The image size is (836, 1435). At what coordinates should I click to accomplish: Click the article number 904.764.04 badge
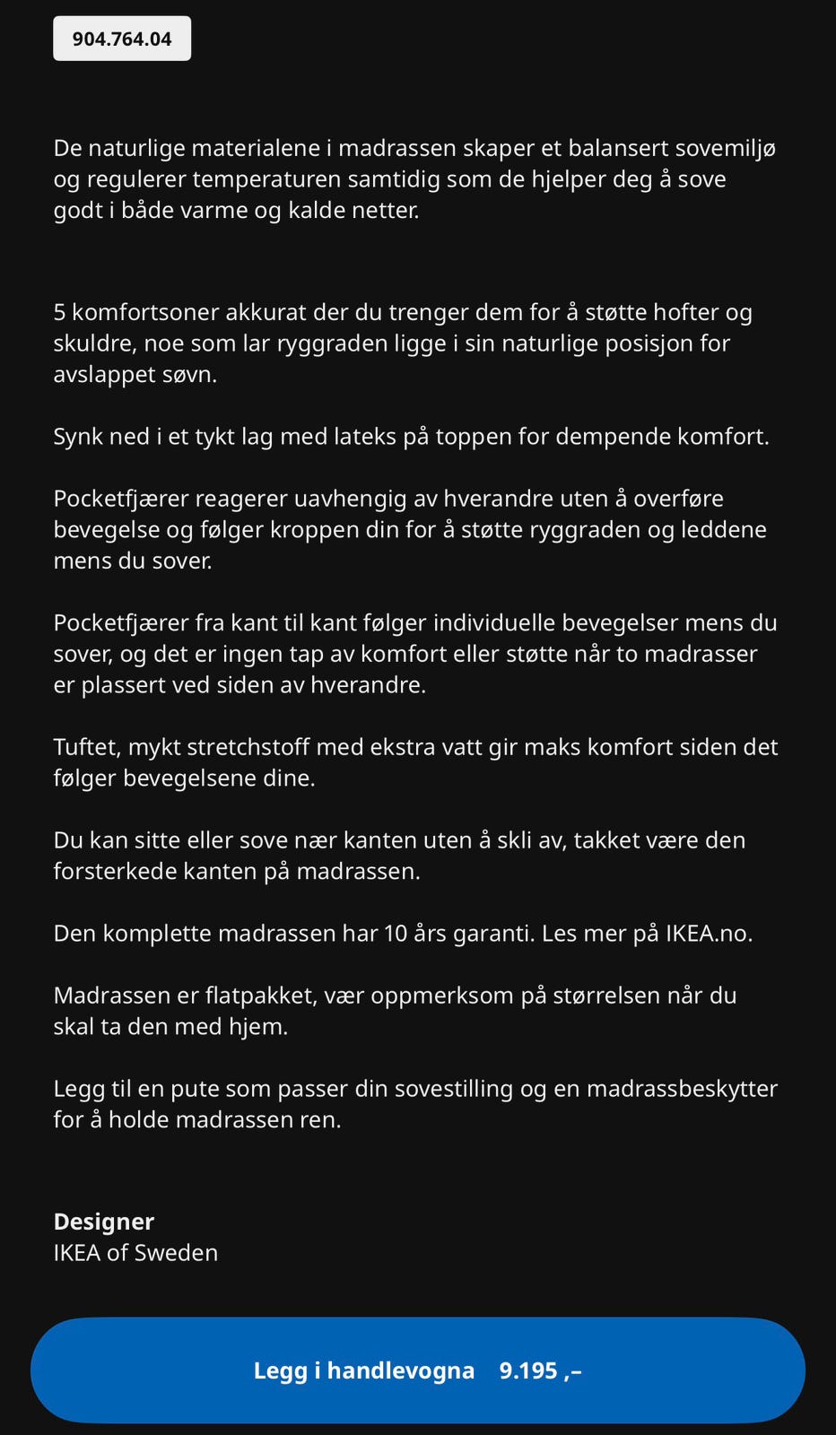122,39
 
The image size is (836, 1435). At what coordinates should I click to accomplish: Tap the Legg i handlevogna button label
363,1370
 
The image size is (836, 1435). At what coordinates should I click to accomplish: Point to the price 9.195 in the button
528,1370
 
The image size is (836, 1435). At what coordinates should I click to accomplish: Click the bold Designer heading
103,1222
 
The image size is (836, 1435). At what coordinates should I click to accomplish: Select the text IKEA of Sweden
135,1252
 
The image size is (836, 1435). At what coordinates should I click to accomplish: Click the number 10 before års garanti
396,934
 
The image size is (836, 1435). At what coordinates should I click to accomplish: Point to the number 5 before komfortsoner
60,312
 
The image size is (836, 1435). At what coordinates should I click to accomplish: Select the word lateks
359,437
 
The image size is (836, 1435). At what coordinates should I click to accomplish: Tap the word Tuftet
86,747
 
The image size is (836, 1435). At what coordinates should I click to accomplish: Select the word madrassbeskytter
682,1089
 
